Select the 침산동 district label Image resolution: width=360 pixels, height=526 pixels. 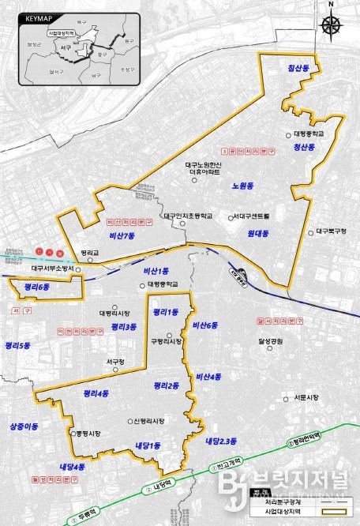pos(301,70)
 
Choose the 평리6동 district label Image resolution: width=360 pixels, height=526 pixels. pos(37,287)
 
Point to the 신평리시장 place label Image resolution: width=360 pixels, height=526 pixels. pos(148,421)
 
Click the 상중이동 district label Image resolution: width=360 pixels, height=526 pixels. pos(24,426)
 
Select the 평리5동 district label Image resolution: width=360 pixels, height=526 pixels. pos(16,345)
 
